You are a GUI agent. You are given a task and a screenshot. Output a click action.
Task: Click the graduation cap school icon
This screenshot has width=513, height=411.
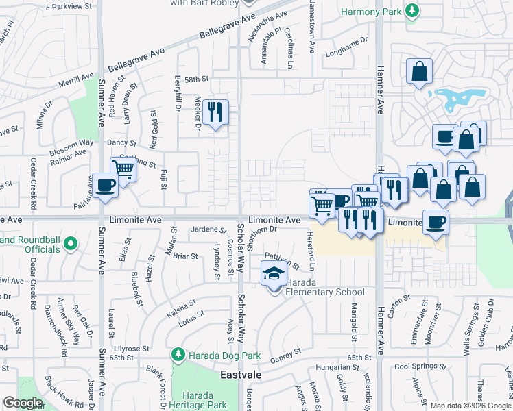tap(274, 273)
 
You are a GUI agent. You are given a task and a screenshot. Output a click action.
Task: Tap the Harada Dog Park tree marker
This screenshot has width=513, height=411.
tap(178, 354)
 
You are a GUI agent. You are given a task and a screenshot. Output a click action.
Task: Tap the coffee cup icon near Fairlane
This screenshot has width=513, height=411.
tap(106, 185)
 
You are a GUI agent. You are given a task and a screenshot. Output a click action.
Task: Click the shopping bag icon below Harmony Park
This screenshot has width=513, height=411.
tap(419, 70)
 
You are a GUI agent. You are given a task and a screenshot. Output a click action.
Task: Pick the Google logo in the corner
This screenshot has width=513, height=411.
tap(23, 403)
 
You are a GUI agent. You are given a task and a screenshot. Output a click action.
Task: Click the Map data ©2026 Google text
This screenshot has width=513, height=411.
tap(470, 406)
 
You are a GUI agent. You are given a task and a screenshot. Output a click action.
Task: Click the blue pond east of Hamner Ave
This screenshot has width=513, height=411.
tap(455, 99)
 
